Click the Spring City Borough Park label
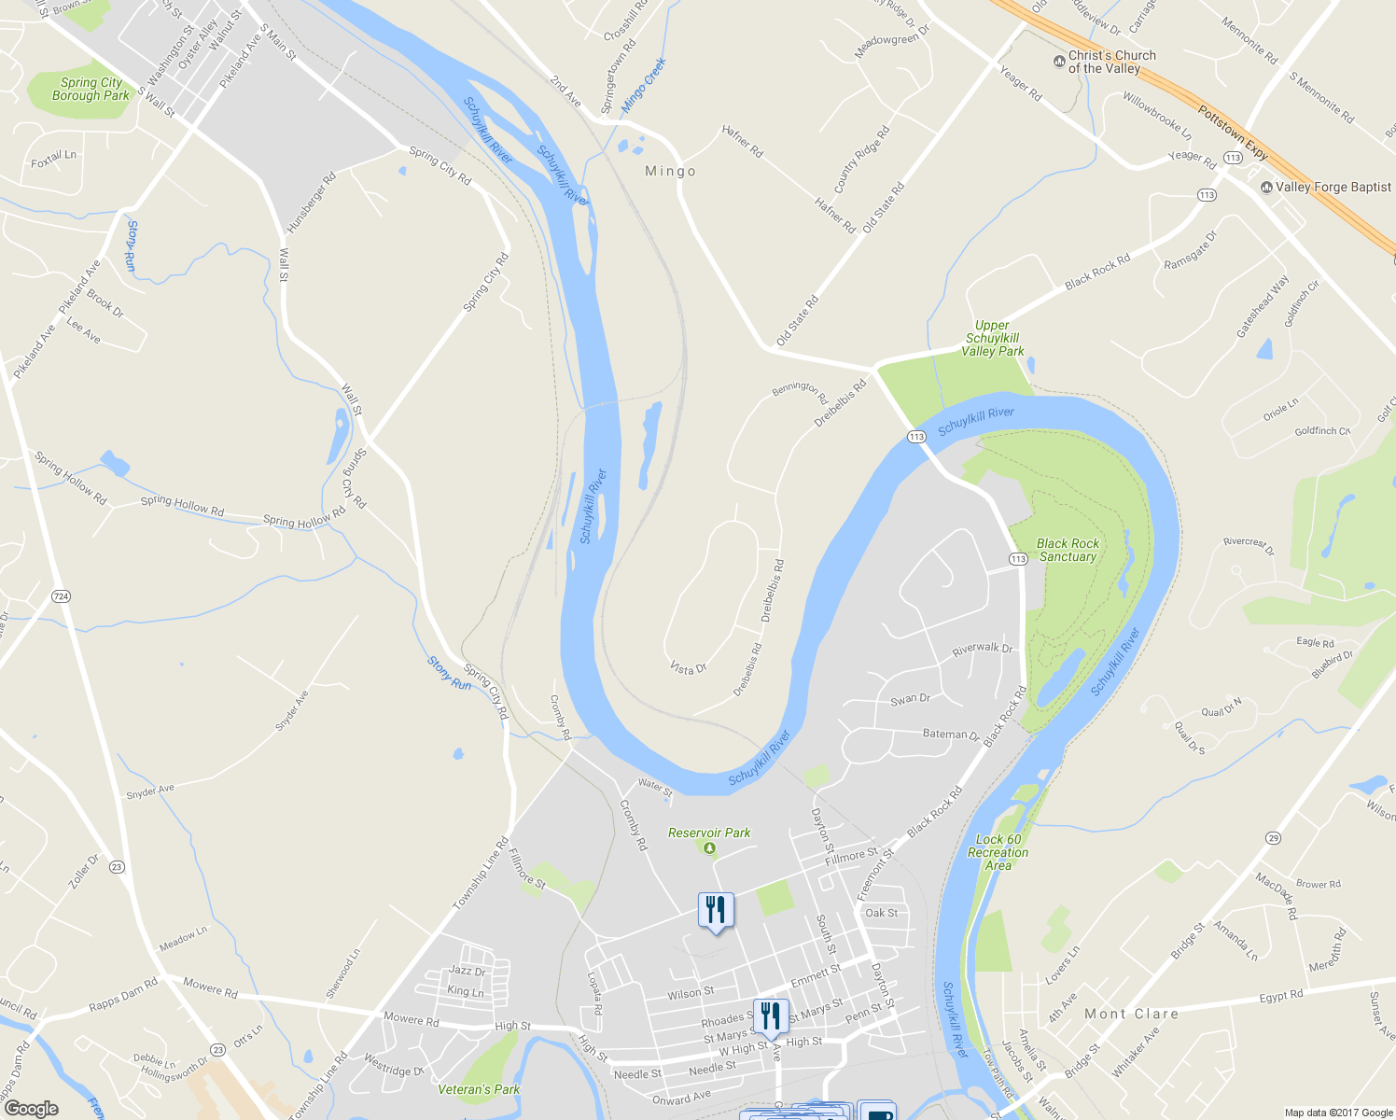[x=91, y=89]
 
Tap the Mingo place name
[x=671, y=172]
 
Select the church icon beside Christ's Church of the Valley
[x=1058, y=62]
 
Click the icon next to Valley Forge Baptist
[x=1266, y=188]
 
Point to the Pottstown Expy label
[x=1233, y=133]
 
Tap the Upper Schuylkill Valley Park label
[x=993, y=339]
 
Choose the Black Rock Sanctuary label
[x=1068, y=550]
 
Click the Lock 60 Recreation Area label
[x=998, y=852]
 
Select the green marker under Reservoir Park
[x=709, y=848]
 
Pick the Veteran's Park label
[x=480, y=1089]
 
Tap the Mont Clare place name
[x=1131, y=1014]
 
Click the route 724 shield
[x=62, y=595]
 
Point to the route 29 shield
[x=1273, y=838]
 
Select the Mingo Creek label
[x=644, y=85]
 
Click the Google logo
[x=31, y=1109]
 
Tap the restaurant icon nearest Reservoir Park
[x=716, y=908]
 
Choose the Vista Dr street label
[x=689, y=668]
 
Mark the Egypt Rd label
[x=1280, y=997]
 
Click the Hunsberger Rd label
[x=311, y=203]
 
